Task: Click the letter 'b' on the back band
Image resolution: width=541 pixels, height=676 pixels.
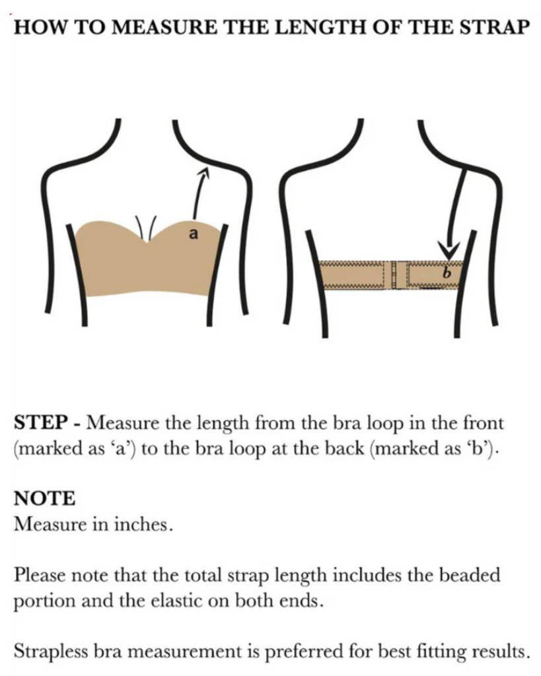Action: click(x=445, y=272)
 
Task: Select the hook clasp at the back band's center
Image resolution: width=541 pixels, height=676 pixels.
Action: click(x=394, y=274)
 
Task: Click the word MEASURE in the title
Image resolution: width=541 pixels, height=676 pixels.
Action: click(x=146, y=28)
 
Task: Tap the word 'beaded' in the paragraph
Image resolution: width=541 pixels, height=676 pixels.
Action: click(x=468, y=576)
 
